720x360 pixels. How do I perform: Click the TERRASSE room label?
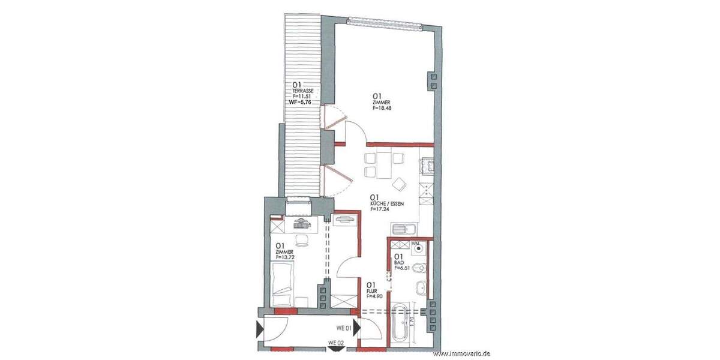[x=302, y=90]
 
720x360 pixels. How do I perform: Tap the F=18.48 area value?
[x=383, y=109]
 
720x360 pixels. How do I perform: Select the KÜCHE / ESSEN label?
[x=386, y=203]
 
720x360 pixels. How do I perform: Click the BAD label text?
[x=398, y=263]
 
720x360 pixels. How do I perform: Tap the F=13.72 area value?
[x=285, y=257]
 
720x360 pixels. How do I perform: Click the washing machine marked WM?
[x=418, y=247]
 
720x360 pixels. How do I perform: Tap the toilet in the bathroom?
[x=422, y=268]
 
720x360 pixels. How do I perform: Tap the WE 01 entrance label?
[x=343, y=328]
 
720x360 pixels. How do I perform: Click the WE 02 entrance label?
[x=336, y=343]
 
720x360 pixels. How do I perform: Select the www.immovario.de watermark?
[x=461, y=354]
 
